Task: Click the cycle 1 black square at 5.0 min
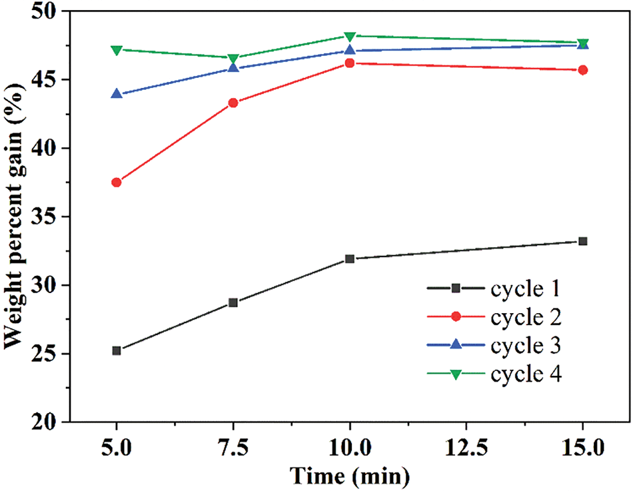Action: [117, 350]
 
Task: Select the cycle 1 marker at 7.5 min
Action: [233, 302]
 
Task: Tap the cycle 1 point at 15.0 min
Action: [583, 241]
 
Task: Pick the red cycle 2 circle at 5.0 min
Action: [117, 183]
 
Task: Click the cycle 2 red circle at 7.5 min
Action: [233, 103]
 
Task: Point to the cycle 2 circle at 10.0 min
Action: [350, 63]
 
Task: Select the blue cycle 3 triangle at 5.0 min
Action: [117, 94]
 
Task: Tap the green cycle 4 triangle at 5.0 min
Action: [117, 50]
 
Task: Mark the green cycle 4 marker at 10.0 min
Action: [350, 36]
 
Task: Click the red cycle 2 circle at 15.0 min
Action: [583, 70]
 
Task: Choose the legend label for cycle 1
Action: [526, 288]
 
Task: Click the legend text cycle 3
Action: [526, 346]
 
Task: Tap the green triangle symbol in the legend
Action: [456, 374]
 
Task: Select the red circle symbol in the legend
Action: [456, 317]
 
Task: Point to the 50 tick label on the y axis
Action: [45, 13]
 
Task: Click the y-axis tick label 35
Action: [45, 217]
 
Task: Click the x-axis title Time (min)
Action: [349, 476]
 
